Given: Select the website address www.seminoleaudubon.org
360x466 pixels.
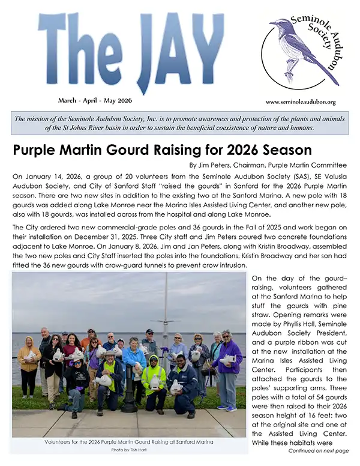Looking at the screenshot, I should pos(300,102).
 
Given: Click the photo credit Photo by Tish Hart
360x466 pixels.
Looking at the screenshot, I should pos(128,450).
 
